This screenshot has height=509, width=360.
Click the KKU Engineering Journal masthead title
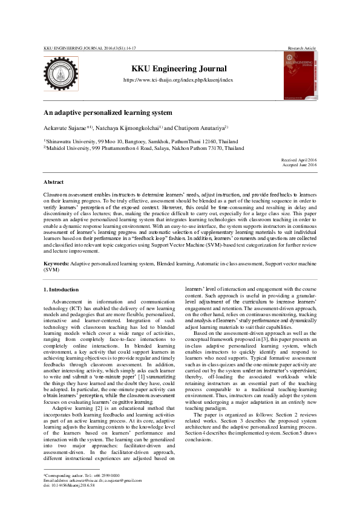[178, 69]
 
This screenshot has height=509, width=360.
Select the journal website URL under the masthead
[178, 80]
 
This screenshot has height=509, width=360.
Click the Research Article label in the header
[302, 47]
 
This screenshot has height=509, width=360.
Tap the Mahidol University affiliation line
[143, 148]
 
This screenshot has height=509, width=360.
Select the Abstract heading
[53, 182]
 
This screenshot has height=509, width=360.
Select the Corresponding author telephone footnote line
[81, 476]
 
